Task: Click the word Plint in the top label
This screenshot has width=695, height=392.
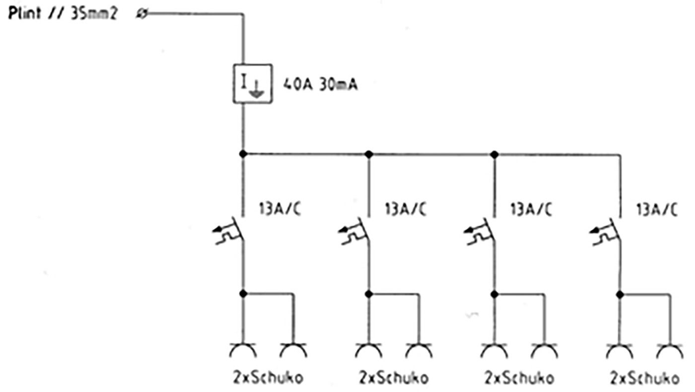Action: click(24, 13)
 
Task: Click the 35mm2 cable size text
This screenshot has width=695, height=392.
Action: click(94, 14)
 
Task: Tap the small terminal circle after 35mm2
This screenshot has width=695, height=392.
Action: click(142, 13)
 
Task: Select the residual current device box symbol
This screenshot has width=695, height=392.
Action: click(253, 83)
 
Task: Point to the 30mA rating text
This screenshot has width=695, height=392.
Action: click(339, 84)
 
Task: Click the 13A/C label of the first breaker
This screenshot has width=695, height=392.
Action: click(280, 209)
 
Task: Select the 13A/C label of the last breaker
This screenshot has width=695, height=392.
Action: click(657, 209)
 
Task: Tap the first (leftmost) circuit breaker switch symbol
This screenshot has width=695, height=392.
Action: click(229, 231)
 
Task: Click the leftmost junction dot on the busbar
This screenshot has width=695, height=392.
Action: click(243, 153)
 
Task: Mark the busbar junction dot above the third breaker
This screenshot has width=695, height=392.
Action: click(494, 154)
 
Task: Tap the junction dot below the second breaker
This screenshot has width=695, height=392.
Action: click(369, 294)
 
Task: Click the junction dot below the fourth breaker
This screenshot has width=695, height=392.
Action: click(620, 294)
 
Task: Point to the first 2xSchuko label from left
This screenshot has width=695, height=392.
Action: click(268, 378)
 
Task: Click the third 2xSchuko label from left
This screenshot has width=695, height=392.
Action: click(519, 378)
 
